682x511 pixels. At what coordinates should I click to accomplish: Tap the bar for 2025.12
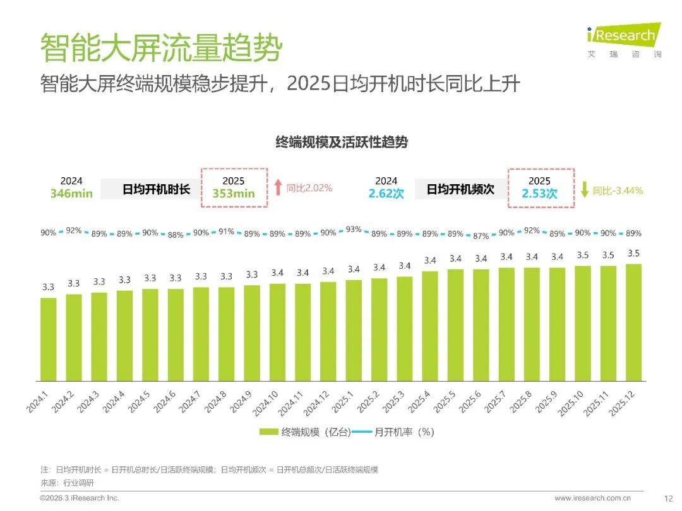click(x=633, y=322)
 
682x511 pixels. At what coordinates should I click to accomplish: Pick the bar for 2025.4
click(x=430, y=326)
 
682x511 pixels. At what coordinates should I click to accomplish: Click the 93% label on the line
click(x=354, y=230)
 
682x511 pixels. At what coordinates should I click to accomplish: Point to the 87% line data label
click(x=481, y=236)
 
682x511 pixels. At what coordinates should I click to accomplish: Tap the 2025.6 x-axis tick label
click(x=470, y=402)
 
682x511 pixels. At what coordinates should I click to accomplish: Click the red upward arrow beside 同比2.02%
click(x=278, y=187)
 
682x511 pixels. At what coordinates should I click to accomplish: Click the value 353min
click(x=233, y=194)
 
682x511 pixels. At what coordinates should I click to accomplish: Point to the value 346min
click(x=71, y=194)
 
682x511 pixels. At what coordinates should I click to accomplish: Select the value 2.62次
click(x=386, y=194)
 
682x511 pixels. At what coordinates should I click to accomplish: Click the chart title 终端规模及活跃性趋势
click(x=342, y=142)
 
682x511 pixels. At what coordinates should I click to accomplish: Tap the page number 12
click(x=669, y=498)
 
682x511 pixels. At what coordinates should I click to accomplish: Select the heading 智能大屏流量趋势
click(x=161, y=47)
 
